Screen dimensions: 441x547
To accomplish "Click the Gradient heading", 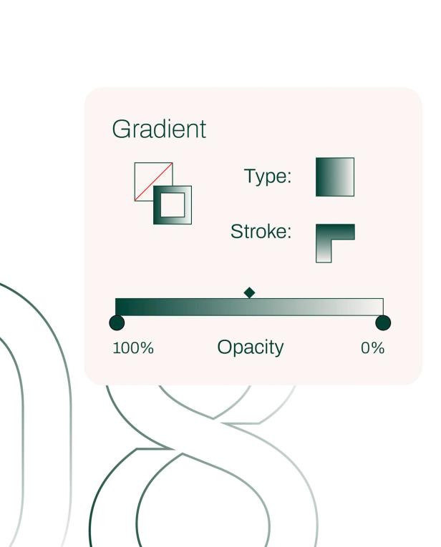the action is coord(159,130).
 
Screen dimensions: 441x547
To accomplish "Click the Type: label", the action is coord(268,177).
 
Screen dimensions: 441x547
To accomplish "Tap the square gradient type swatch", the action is coord(335,177).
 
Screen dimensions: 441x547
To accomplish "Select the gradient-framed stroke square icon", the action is coord(173,205).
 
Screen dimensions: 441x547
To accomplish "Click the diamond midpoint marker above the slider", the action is coord(249,292).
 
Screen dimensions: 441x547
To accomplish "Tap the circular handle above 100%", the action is coord(117,323).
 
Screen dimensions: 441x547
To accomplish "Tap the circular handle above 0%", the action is coord(383,323).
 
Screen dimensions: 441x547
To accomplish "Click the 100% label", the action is coord(133,348).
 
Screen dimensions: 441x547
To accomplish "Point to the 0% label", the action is coord(372,348).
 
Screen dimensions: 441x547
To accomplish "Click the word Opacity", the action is coord(251,348).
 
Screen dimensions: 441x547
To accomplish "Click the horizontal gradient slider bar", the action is coord(249,307).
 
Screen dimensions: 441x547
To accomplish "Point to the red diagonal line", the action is coord(153,181).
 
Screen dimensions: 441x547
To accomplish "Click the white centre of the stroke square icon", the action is coord(172,205).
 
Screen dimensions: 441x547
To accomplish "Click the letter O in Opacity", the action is coord(225,348).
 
